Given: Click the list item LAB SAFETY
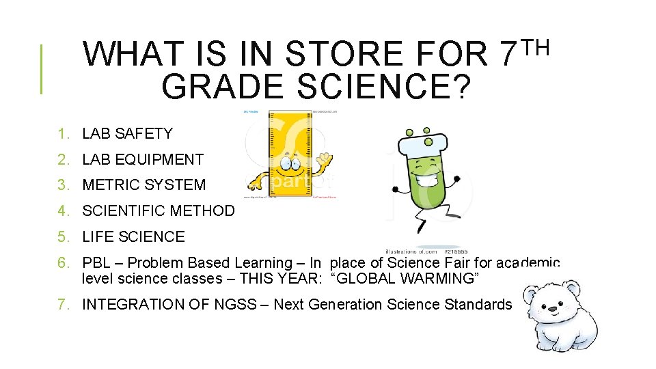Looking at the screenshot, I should click(x=127, y=134).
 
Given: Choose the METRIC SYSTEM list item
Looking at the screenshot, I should click(x=143, y=185).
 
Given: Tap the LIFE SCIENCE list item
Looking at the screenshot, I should click(x=133, y=237).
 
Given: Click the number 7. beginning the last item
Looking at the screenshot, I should click(x=64, y=305).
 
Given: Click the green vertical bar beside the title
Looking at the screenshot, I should click(x=42, y=69).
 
